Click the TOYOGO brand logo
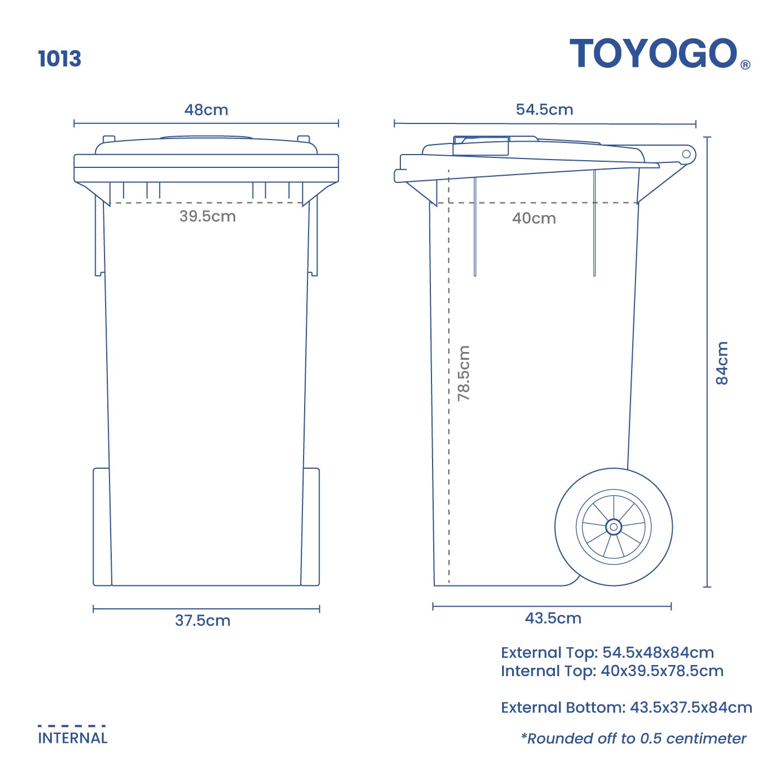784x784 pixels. (x=654, y=54)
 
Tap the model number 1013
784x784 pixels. (x=59, y=59)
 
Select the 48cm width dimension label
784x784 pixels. (x=206, y=110)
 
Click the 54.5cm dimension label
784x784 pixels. (x=544, y=109)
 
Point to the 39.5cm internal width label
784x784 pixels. (x=207, y=216)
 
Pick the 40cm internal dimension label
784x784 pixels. (x=534, y=219)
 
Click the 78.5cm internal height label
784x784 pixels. (x=464, y=373)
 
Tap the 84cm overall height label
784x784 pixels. (x=721, y=363)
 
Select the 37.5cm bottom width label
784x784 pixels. (x=203, y=621)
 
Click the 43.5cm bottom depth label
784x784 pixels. (x=553, y=618)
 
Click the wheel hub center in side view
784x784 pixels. (x=613, y=527)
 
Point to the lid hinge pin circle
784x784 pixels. (x=686, y=154)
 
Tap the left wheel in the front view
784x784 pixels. (x=101, y=527)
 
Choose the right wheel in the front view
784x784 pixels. (x=311, y=527)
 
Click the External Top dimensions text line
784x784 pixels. (x=607, y=653)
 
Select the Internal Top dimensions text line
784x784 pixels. (x=612, y=671)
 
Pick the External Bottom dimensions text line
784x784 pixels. (x=626, y=708)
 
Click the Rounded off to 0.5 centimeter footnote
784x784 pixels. (x=633, y=738)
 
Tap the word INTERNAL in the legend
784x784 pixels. (x=73, y=738)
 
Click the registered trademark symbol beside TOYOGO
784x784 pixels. (x=746, y=64)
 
